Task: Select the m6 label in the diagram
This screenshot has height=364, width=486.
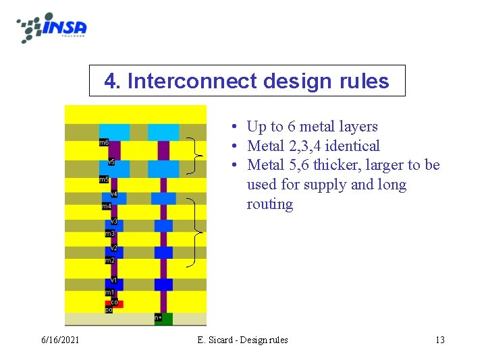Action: coord(104,143)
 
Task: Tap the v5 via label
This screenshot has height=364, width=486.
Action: coord(111,162)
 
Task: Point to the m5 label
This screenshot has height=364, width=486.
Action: coord(104,179)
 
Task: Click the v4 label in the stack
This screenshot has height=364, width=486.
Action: coord(114,195)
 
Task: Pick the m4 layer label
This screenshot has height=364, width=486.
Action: coord(107,206)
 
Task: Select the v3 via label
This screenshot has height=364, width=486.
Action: coord(114,221)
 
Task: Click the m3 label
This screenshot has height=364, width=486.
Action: coord(109,233)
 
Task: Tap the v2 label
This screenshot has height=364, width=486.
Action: coord(114,248)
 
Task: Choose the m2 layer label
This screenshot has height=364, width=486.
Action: coord(109,260)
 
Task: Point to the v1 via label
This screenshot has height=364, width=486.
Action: coord(114,280)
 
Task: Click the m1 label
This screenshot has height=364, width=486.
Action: coord(109,293)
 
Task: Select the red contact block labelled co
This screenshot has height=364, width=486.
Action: coord(115,303)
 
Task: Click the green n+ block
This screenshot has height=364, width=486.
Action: coord(163,318)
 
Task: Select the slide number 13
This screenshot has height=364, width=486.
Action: coord(439,340)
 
